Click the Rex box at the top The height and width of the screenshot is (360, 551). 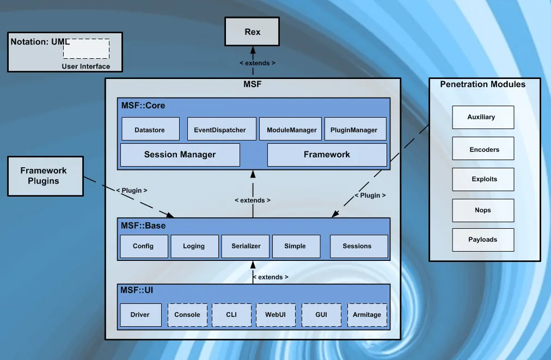(x=252, y=32)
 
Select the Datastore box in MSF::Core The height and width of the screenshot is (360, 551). (x=150, y=129)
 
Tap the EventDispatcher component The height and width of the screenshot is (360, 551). (x=220, y=129)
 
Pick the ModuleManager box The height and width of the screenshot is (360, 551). (x=291, y=129)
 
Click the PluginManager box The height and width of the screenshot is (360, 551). (x=354, y=129)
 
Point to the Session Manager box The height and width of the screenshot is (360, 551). (x=180, y=155)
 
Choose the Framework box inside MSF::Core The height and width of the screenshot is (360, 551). (x=327, y=155)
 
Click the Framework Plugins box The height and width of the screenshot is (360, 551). (x=44, y=176)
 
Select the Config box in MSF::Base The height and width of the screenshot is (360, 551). (x=143, y=246)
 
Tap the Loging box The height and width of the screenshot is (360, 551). (x=194, y=246)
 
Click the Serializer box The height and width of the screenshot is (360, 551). (x=246, y=246)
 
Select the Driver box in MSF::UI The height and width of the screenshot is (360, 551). (x=140, y=315)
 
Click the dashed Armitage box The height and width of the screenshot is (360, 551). (x=367, y=315)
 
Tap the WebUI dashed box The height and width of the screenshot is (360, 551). (x=276, y=315)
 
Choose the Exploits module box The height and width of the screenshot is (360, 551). (x=483, y=179)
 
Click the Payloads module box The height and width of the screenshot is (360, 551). (x=483, y=240)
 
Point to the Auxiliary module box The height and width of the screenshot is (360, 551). (x=483, y=117)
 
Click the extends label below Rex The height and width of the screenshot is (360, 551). (x=258, y=63)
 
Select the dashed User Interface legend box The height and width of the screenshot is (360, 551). (x=86, y=49)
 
